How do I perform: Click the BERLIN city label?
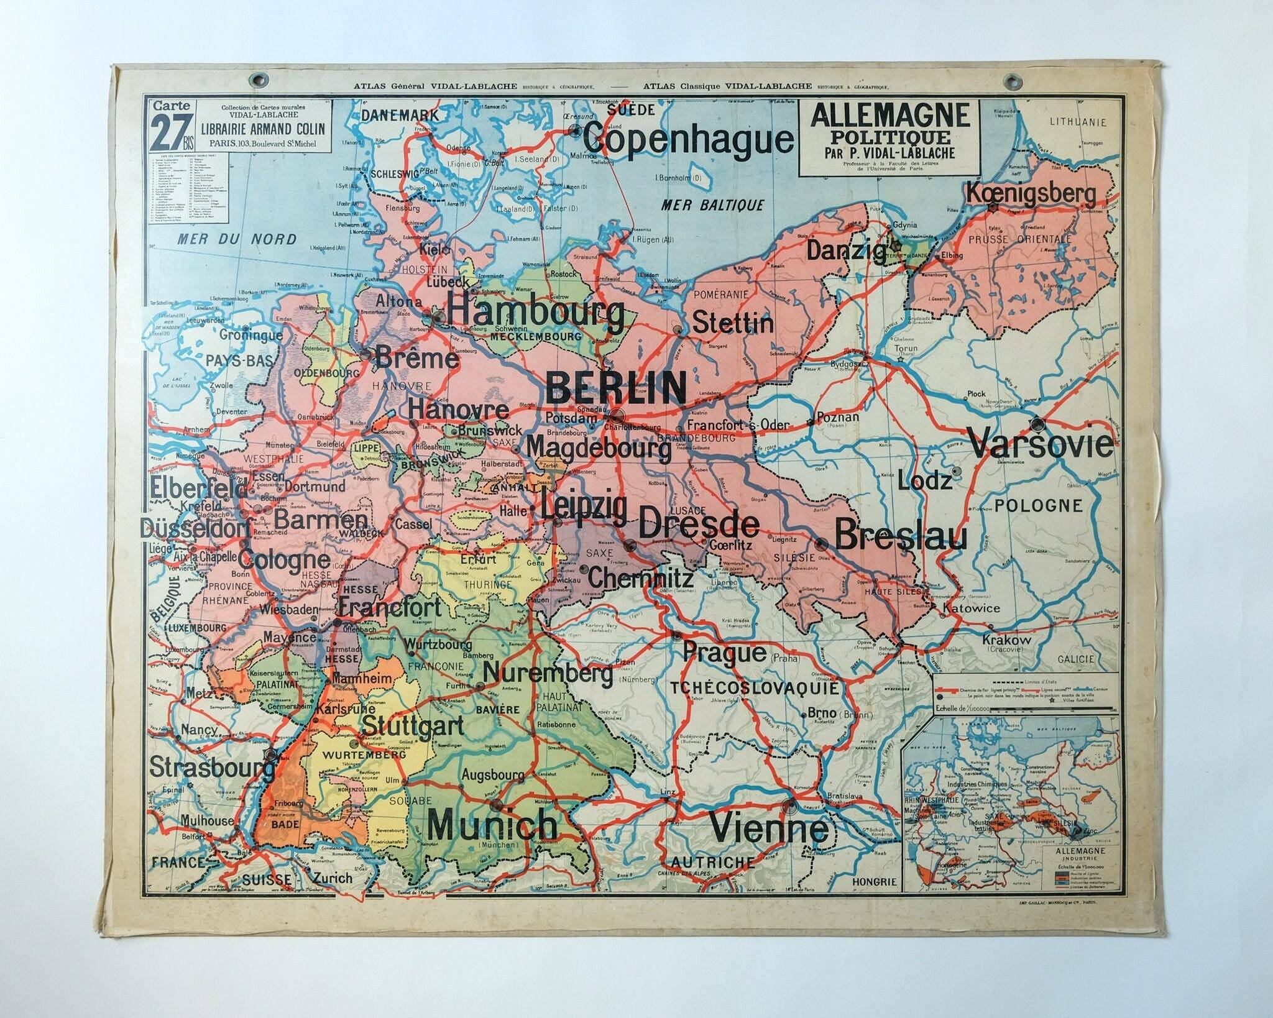[x=615, y=387]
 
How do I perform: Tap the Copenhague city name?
[x=687, y=140]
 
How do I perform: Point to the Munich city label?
[x=493, y=825]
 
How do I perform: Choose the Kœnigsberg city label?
[x=1030, y=194]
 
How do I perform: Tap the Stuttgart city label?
[x=412, y=725]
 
